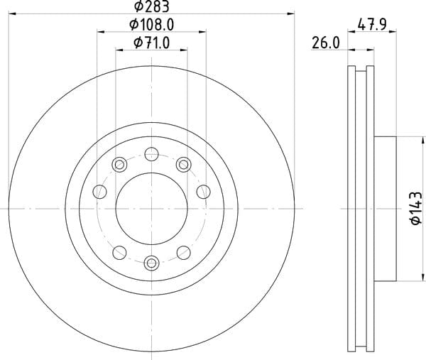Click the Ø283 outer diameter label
152,6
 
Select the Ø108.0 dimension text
152,25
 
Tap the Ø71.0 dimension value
152,43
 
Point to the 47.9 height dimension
372,25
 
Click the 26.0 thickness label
326,43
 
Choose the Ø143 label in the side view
416,208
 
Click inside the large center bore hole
152,209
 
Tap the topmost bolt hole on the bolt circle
152,154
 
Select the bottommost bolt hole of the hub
152,263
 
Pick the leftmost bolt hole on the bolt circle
99,192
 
